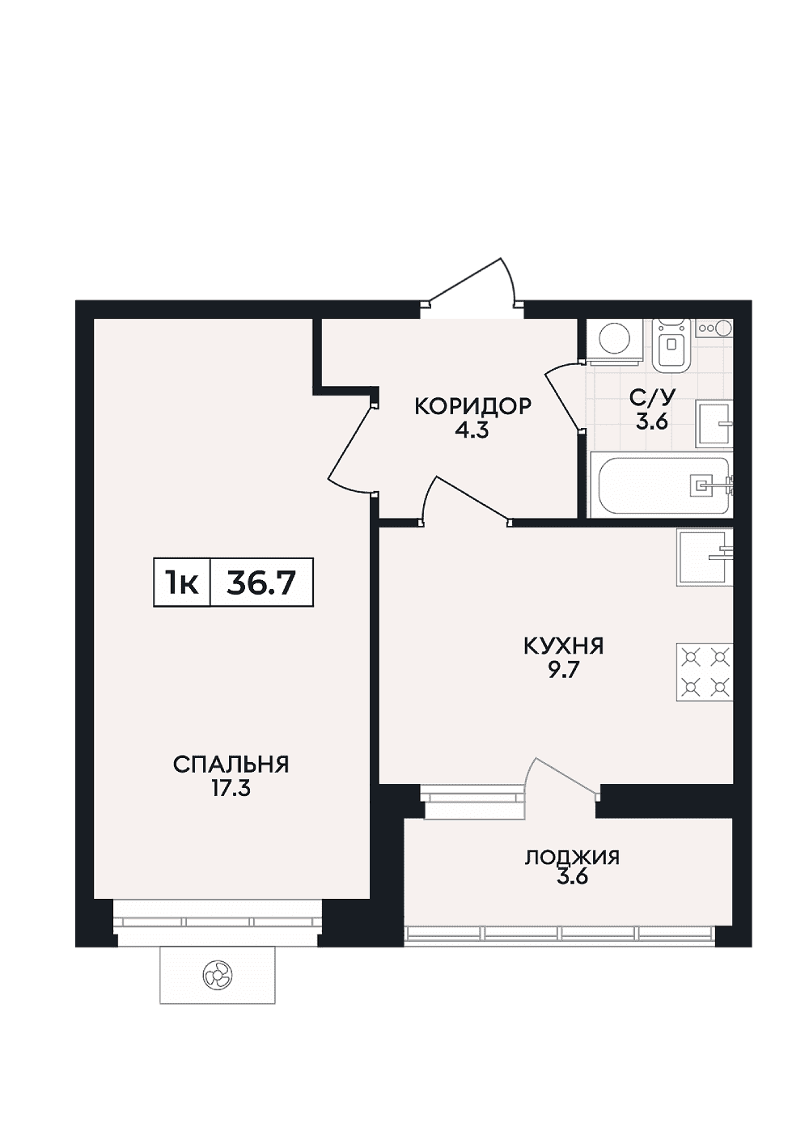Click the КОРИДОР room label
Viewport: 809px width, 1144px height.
(473, 407)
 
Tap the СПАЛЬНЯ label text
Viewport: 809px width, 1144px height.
(231, 765)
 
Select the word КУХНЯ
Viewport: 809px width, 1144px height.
(563, 646)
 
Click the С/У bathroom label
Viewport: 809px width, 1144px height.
(653, 396)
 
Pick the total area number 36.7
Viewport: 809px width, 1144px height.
(261, 583)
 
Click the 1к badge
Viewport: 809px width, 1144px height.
(182, 583)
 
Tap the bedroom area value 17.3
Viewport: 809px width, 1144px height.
(231, 789)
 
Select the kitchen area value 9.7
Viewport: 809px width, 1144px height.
(563, 671)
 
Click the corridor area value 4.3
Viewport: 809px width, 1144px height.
(472, 431)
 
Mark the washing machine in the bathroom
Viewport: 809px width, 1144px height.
(614, 341)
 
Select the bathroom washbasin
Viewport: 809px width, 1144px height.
(715, 423)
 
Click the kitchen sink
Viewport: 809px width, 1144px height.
(705, 557)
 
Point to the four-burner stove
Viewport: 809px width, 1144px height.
(705, 672)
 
